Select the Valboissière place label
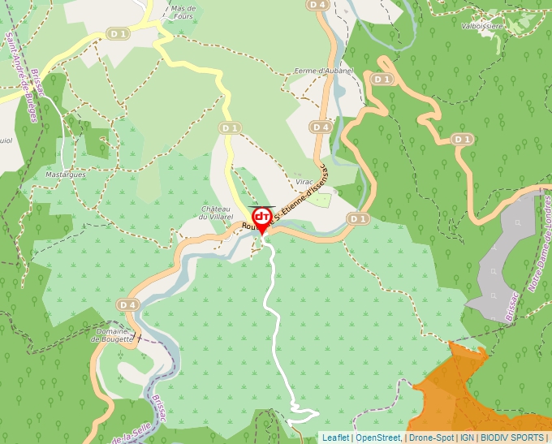click(483, 26)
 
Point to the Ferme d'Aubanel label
click(325, 71)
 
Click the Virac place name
click(304, 182)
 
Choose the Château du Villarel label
click(217, 213)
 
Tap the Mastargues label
click(66, 174)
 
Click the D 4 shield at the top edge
click(317, 5)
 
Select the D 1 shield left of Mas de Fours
click(119, 33)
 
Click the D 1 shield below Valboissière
click(462, 140)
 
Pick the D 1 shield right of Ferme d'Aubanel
click(382, 80)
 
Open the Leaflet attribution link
click(335, 438)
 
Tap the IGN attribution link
click(468, 438)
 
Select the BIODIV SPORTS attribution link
click(512, 438)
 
